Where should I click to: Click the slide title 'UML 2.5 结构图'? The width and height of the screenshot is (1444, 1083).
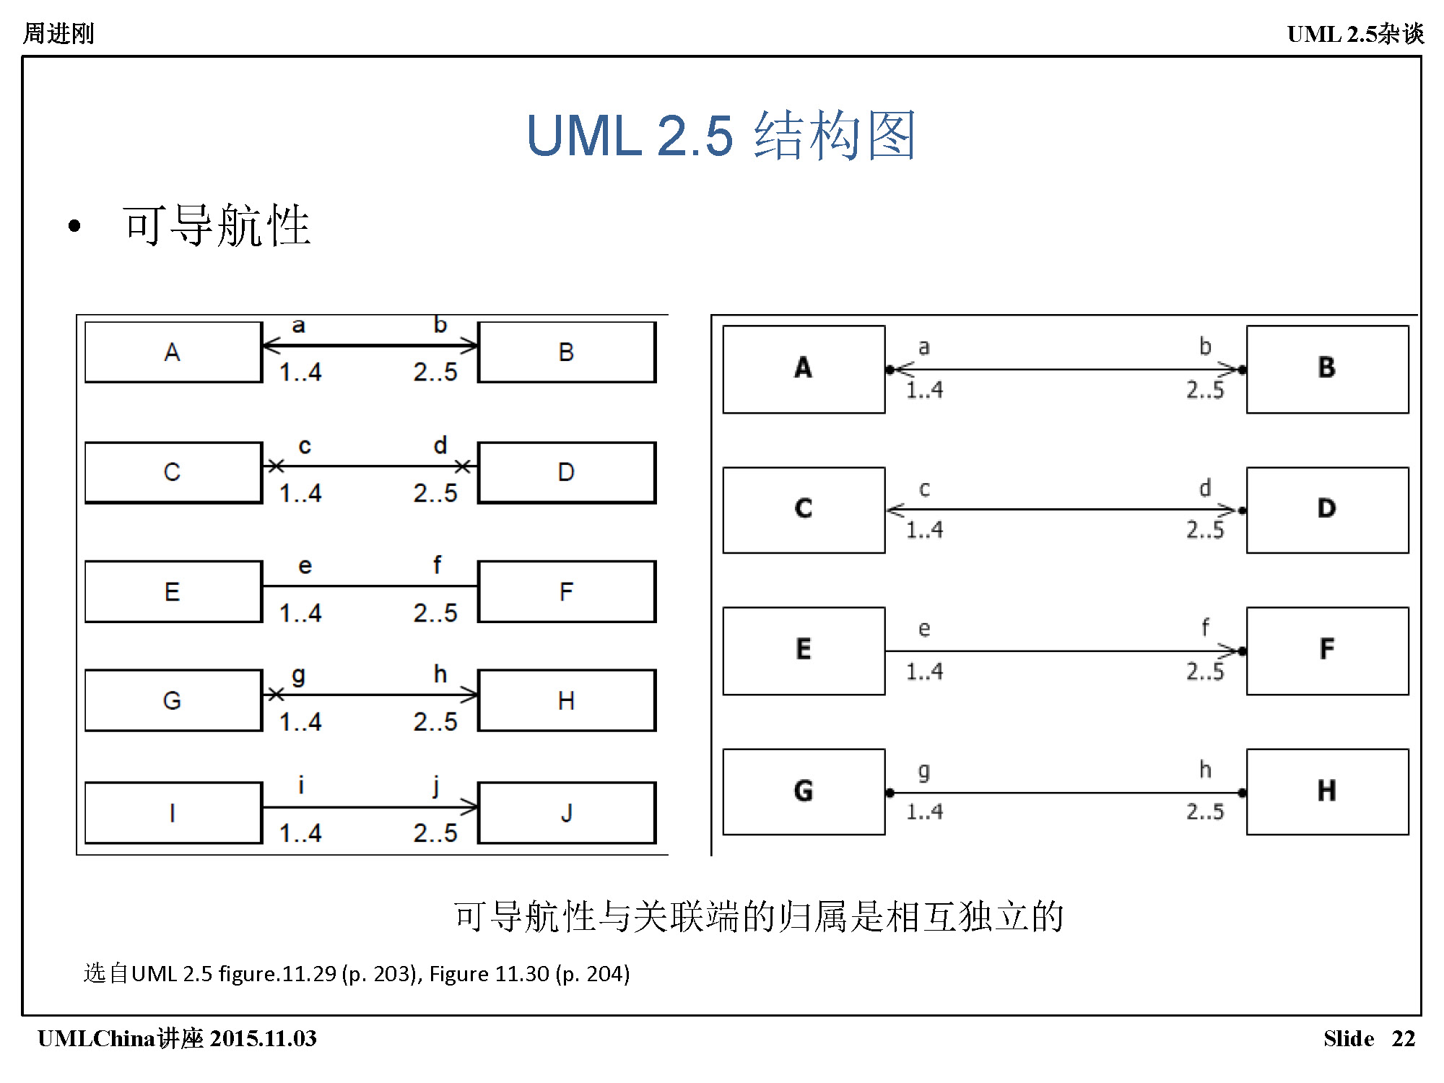pyautogui.click(x=721, y=135)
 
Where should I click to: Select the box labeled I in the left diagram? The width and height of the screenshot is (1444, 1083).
pyautogui.click(x=173, y=812)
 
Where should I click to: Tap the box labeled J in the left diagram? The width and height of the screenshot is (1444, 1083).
pyautogui.click(x=567, y=812)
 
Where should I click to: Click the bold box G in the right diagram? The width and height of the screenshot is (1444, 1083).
pyautogui.click(x=804, y=791)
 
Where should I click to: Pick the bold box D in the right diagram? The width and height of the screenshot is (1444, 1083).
pyautogui.click(x=1327, y=510)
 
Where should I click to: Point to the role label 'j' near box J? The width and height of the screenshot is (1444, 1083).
pyautogui.click(x=436, y=785)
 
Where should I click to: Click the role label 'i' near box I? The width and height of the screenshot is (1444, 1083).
pyautogui.click(x=301, y=785)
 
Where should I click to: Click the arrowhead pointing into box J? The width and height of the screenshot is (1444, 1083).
pyautogui.click(x=470, y=806)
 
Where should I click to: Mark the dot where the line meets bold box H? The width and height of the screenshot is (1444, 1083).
pyautogui.click(x=1242, y=793)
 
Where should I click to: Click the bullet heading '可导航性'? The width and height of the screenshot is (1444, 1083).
pyautogui.click(x=217, y=225)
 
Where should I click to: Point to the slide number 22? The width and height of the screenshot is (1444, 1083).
pyautogui.click(x=1403, y=1038)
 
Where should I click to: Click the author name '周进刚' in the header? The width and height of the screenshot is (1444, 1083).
pyautogui.click(x=58, y=33)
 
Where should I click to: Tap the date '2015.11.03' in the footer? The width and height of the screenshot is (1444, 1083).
pyautogui.click(x=264, y=1038)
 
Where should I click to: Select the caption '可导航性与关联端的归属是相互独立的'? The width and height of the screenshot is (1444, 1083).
pyautogui.click(x=758, y=917)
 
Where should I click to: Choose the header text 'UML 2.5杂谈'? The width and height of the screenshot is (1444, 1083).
pyautogui.click(x=1355, y=33)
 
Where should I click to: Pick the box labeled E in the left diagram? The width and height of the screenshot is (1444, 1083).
pyautogui.click(x=173, y=591)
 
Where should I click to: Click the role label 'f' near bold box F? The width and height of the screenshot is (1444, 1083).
pyautogui.click(x=1205, y=627)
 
